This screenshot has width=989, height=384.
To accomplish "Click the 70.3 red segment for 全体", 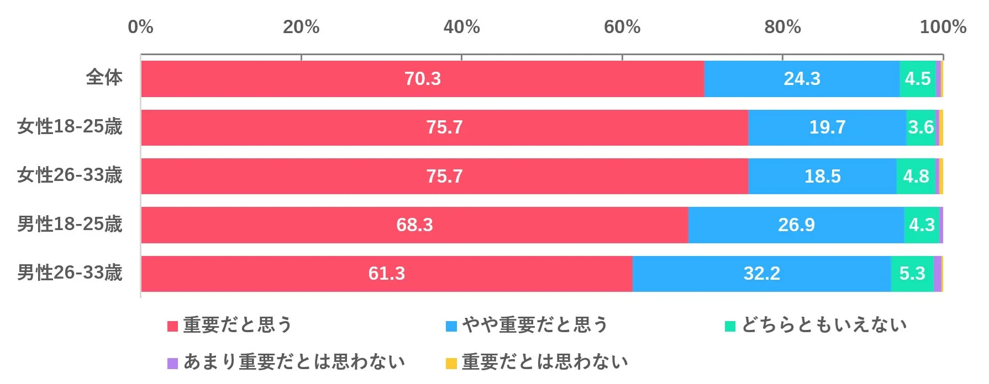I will [x=423, y=79].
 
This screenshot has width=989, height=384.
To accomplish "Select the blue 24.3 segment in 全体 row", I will [x=802, y=79].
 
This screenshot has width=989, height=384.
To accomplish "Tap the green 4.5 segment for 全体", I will [x=917, y=79].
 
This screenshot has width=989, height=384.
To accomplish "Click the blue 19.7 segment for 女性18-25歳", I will [x=827, y=127].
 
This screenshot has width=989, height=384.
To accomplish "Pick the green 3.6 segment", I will [x=920, y=127].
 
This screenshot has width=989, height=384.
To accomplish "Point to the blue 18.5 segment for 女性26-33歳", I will [x=822, y=176].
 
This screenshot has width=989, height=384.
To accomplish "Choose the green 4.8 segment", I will [x=916, y=176].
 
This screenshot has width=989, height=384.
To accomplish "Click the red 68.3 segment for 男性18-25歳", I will [x=414, y=225].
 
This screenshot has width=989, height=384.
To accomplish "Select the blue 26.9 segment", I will [x=796, y=225].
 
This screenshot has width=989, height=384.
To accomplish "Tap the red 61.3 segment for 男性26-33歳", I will [x=387, y=274].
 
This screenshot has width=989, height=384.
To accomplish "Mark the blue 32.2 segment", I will [x=761, y=274].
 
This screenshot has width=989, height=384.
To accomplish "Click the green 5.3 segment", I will [x=912, y=274].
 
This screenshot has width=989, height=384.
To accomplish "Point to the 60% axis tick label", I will [x=622, y=26].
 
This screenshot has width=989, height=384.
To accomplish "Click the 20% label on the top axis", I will [x=301, y=26].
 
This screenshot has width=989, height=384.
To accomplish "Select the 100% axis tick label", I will [x=943, y=26].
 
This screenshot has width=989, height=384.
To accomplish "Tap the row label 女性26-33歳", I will [x=70, y=175].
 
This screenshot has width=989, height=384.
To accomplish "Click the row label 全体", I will [x=104, y=77].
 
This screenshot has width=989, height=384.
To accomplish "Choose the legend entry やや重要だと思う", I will [x=535, y=325].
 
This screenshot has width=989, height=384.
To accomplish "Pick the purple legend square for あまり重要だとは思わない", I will [x=173, y=363].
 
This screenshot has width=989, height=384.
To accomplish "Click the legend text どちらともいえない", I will [x=824, y=325].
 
